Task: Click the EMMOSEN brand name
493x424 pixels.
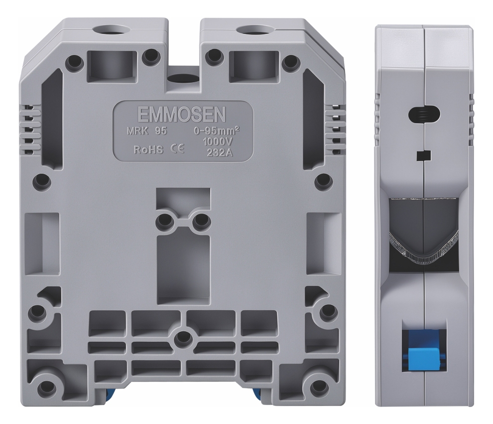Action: click(x=182, y=115)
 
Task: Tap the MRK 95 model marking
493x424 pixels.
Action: click(x=147, y=131)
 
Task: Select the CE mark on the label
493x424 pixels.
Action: click(x=177, y=149)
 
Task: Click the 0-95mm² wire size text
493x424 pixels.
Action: click(x=217, y=131)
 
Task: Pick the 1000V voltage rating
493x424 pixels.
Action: click(x=218, y=142)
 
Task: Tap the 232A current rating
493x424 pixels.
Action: click(x=219, y=153)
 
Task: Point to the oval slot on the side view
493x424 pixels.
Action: click(x=424, y=114)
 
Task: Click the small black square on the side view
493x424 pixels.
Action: click(x=423, y=156)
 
